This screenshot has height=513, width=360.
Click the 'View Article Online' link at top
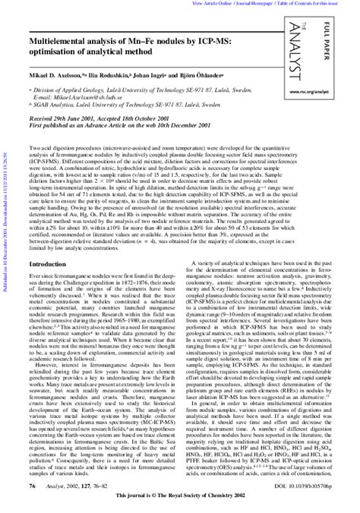coord(214,4)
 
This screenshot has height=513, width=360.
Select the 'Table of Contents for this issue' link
coord(319,4)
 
